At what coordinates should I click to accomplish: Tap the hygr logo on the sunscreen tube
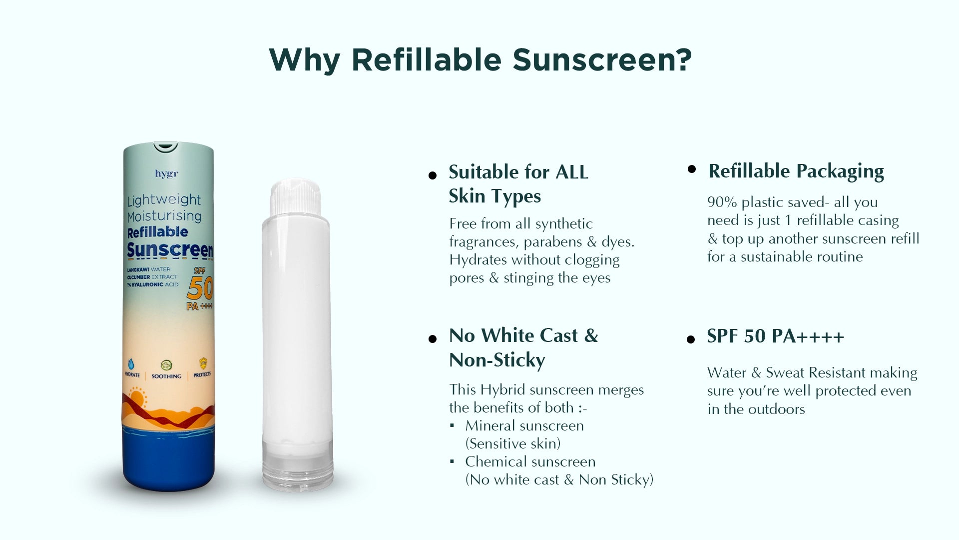(166, 174)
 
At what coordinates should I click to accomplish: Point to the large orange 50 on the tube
(200, 287)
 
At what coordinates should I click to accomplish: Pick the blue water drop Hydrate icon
(132, 363)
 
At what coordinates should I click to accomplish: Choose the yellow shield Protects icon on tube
(203, 363)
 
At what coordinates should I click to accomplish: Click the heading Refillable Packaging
(796, 171)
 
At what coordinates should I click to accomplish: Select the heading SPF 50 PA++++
(776, 336)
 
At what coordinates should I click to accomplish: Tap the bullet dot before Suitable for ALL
(433, 175)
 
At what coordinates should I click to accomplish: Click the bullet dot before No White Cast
(433, 339)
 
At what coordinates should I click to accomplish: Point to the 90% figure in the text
(722, 202)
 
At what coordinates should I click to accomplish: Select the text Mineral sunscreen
(524, 425)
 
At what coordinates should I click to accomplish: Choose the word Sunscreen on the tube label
(170, 250)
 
